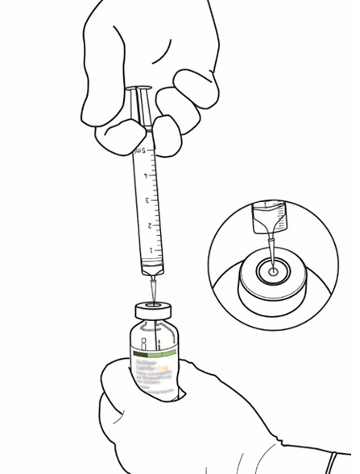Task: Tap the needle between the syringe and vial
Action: click(154, 290)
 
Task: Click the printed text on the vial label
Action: click(155, 372)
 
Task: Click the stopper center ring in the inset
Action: click(273, 274)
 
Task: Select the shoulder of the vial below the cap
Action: click(155, 326)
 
